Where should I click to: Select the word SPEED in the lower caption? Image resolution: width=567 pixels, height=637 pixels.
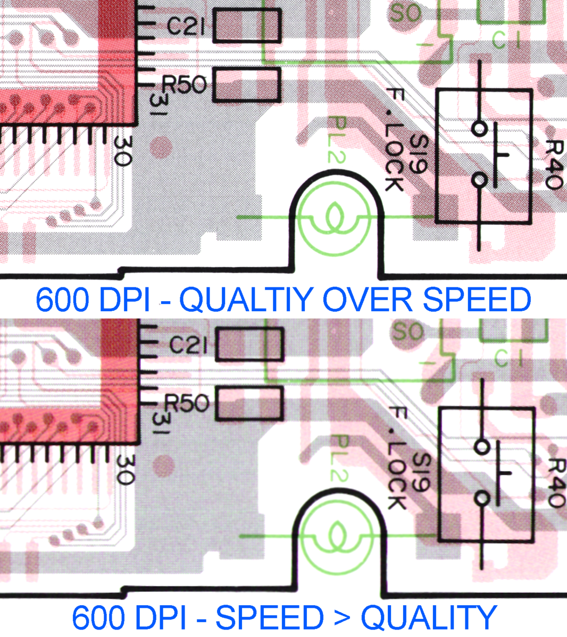pos(269,618)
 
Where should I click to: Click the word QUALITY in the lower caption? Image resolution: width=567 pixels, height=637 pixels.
pos(429,618)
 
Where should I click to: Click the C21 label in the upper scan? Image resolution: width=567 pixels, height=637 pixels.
pos(186,27)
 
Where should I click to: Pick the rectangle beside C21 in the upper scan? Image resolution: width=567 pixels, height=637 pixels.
pos(246,26)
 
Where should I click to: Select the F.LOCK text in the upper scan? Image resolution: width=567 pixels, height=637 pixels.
pos(394,141)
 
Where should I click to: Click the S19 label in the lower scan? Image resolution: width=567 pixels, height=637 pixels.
pos(421,472)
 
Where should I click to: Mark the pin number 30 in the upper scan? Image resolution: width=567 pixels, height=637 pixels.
pos(123,151)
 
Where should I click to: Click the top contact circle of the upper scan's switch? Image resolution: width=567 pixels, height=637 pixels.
pos(479,129)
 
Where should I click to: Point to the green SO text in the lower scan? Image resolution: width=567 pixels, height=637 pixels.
pos(408,332)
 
